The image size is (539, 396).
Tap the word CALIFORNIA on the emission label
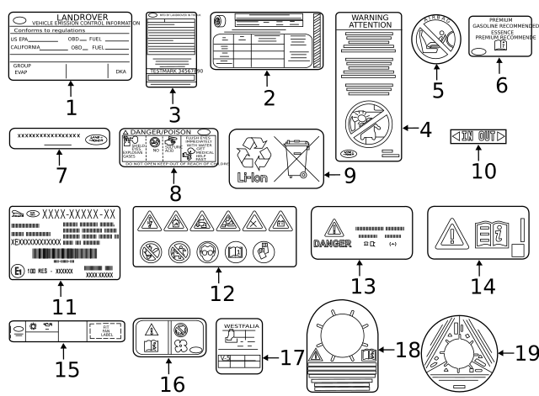point(25,48)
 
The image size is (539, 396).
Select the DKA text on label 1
point(120,72)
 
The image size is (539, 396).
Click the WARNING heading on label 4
point(370,18)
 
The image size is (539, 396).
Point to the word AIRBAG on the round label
point(437,24)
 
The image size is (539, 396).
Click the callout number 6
point(502,84)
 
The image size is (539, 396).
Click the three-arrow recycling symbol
point(252,152)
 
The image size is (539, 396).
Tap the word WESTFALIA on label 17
point(241,323)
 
